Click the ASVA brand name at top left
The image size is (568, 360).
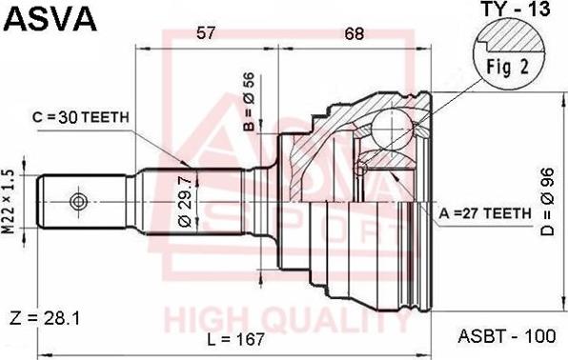(48, 18)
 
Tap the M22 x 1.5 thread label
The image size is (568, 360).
(11, 203)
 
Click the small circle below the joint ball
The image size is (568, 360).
(361, 170)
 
